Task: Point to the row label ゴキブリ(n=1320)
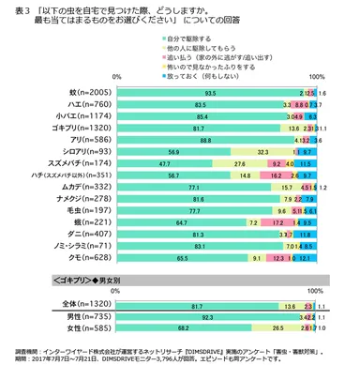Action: click(87, 136)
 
